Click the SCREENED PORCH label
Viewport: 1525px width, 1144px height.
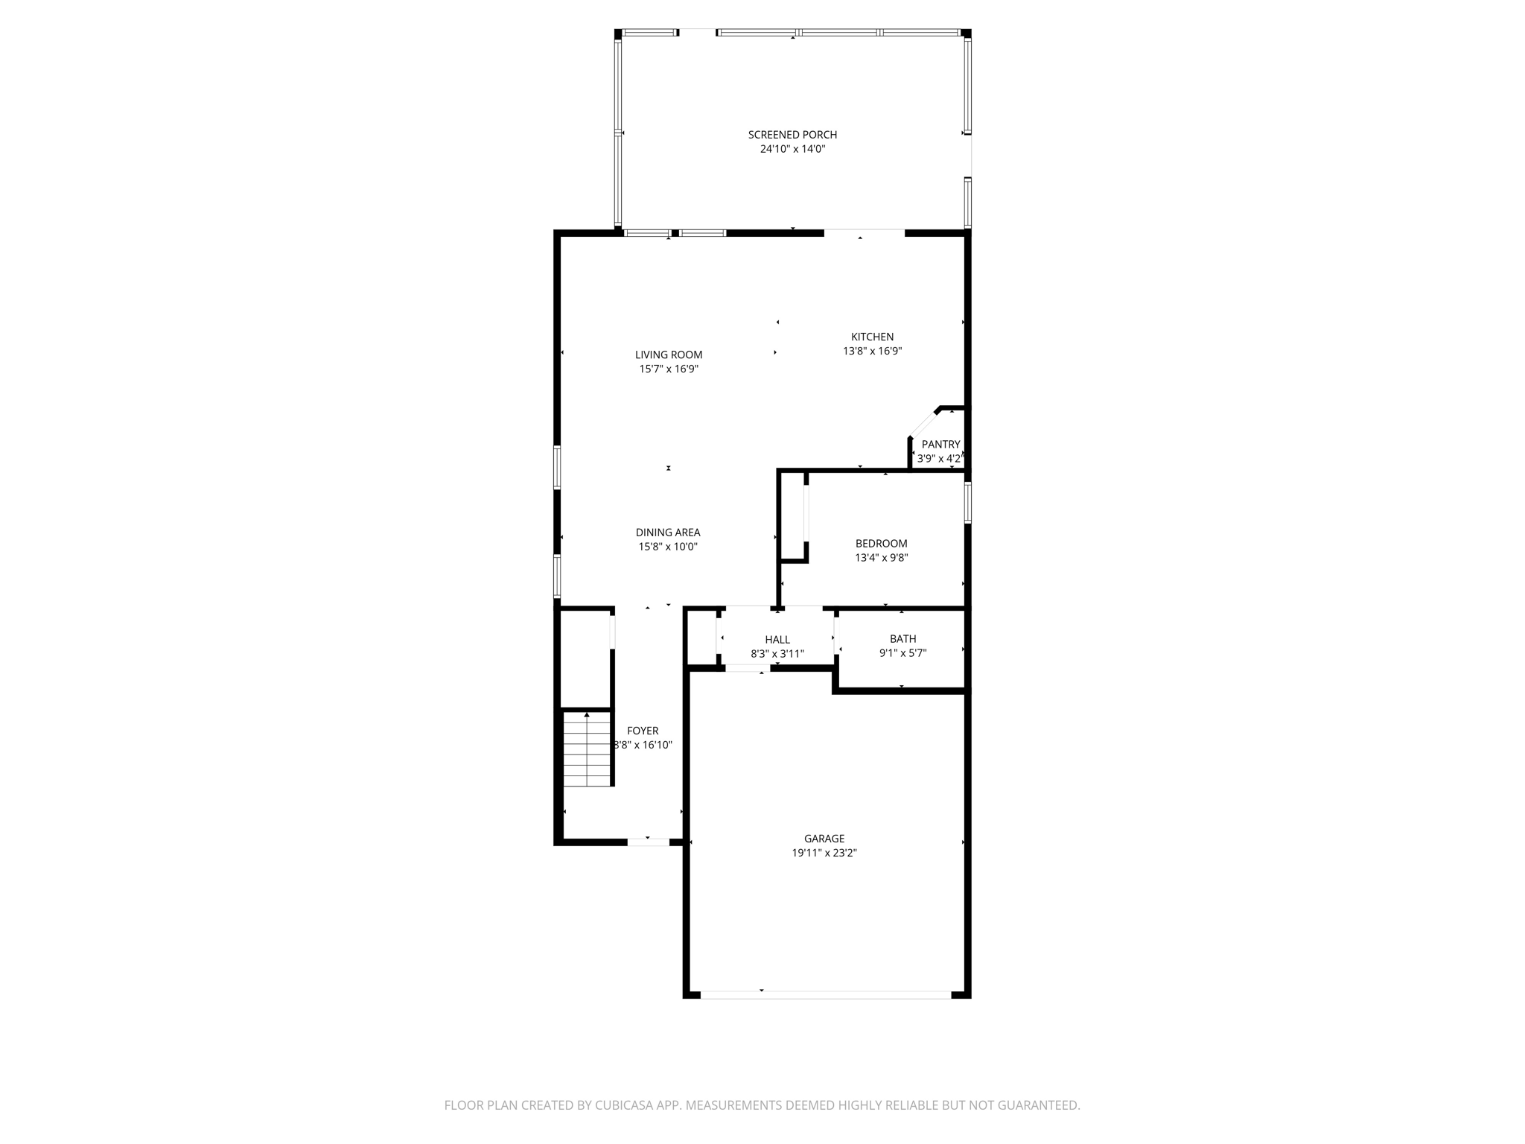click(x=792, y=135)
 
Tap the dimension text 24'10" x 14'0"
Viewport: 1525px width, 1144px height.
click(x=792, y=149)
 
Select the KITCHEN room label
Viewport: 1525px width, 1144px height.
click(x=872, y=337)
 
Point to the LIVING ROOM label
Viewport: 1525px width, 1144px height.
click(x=668, y=355)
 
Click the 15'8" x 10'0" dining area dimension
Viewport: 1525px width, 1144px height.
click(x=667, y=547)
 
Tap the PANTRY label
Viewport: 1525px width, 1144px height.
click(x=940, y=445)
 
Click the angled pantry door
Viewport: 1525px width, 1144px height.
click(x=923, y=423)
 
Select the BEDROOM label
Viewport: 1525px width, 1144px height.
click(x=881, y=544)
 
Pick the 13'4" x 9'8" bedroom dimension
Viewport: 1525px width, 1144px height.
click(x=881, y=558)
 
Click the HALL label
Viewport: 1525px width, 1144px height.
click(x=777, y=640)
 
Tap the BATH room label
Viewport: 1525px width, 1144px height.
click(x=902, y=639)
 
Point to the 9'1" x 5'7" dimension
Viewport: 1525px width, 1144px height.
click(x=902, y=653)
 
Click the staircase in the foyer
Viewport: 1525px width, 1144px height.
click(x=587, y=749)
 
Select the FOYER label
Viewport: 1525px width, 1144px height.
click(x=642, y=731)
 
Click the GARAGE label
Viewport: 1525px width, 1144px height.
click(x=824, y=839)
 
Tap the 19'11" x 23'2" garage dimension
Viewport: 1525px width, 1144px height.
click(x=824, y=854)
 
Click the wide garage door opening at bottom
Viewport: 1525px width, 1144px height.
click(x=825, y=994)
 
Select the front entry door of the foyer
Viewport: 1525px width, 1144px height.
click(x=648, y=842)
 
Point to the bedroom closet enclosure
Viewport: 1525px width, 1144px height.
click(x=793, y=515)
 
